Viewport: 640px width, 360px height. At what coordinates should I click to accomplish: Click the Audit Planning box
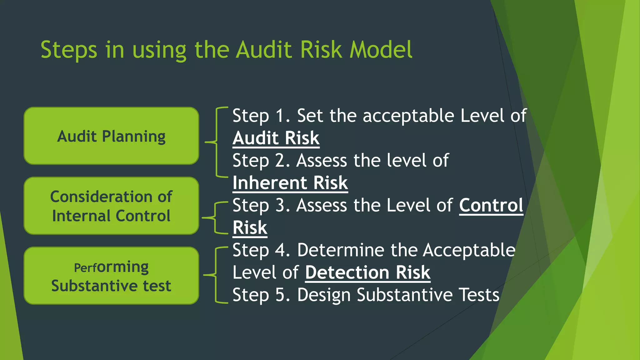[111, 136]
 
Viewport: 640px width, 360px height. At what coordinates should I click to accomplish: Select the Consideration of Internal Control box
[111, 206]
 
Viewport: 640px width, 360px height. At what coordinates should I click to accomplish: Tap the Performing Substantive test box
[111, 276]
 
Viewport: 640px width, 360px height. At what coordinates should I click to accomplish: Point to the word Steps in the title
[69, 50]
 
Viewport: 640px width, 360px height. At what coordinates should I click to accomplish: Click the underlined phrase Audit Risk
[276, 138]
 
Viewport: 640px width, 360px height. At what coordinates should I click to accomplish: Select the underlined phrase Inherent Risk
[290, 183]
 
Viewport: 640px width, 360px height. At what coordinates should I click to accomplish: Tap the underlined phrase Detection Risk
[367, 272]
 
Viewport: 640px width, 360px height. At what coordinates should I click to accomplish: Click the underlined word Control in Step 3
[491, 205]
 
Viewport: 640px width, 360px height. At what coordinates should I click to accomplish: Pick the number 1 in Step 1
[280, 116]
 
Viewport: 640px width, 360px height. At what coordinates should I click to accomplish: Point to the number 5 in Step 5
[280, 295]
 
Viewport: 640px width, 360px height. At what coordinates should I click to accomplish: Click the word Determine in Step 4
[340, 250]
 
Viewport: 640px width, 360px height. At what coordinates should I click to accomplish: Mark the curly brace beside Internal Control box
[215, 217]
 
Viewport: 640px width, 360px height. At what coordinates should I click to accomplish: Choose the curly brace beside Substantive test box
[216, 275]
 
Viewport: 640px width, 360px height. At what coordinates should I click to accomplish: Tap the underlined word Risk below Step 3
[250, 228]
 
